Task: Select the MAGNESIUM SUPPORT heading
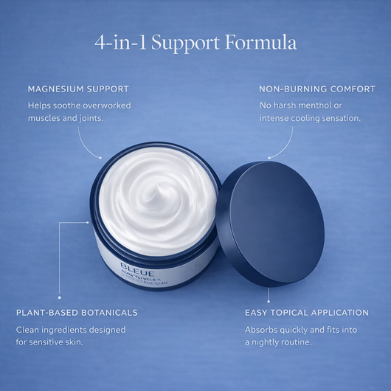click(78, 89)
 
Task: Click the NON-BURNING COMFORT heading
click(317, 89)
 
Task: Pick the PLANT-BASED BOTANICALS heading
click(77, 313)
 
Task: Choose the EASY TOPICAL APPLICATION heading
click(307, 313)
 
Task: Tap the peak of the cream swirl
click(156, 193)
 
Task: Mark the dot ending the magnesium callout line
click(101, 156)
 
